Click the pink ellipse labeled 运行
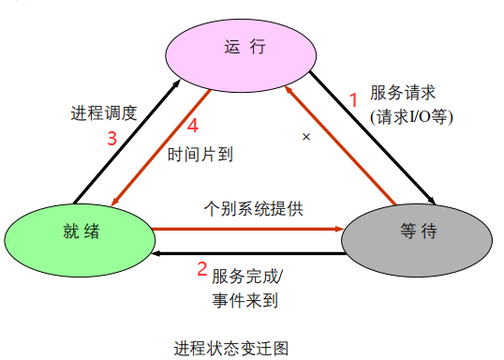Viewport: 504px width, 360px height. tap(239, 48)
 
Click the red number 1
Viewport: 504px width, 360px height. tap(353, 97)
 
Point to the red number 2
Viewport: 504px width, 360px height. tap(200, 270)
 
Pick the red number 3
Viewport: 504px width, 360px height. tap(111, 138)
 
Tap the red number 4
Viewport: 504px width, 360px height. tap(192, 125)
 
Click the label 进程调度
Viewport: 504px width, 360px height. tap(104, 113)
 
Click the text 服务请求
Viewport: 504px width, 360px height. tap(403, 94)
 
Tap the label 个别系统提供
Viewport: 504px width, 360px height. tap(253, 207)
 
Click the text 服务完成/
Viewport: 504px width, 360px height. tap(247, 277)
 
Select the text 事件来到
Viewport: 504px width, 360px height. tap(245, 301)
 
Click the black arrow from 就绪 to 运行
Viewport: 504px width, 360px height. tap(126, 141)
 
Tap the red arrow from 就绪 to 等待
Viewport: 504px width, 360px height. tap(248, 227)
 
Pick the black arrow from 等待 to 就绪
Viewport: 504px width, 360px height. tap(248, 253)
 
